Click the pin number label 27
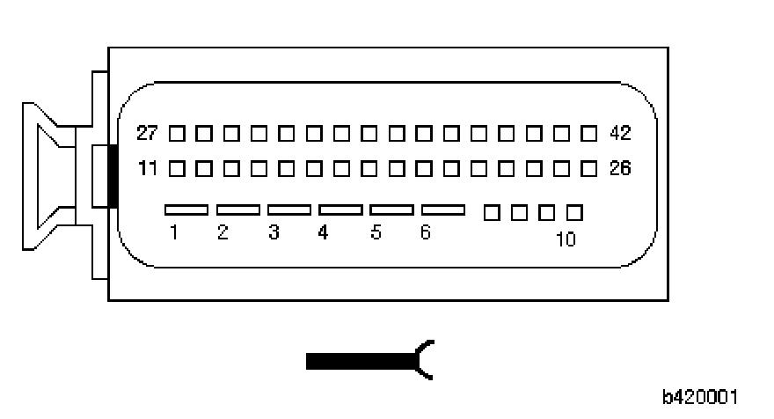pyautogui.click(x=148, y=134)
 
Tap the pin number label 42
pyautogui.click(x=620, y=134)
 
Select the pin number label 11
pyautogui.click(x=148, y=167)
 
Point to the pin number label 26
pyautogui.click(x=620, y=167)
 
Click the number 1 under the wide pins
pyautogui.click(x=175, y=233)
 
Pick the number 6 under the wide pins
pyautogui.click(x=426, y=233)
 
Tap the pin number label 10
pyautogui.click(x=566, y=239)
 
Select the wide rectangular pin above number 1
pyautogui.click(x=186, y=210)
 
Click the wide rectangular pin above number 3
pyautogui.click(x=289, y=210)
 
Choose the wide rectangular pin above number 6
pyautogui.click(x=443, y=210)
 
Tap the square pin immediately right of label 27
pyautogui.click(x=177, y=134)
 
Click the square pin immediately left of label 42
pyautogui.click(x=589, y=134)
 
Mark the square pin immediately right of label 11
pyautogui.click(x=177, y=167)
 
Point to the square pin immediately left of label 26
pyautogui.click(x=589, y=167)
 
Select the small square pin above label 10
pyautogui.click(x=574, y=212)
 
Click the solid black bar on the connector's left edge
pyautogui.click(x=112, y=175)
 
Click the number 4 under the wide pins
pyautogui.click(x=324, y=233)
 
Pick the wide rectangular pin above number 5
pyautogui.click(x=392, y=210)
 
